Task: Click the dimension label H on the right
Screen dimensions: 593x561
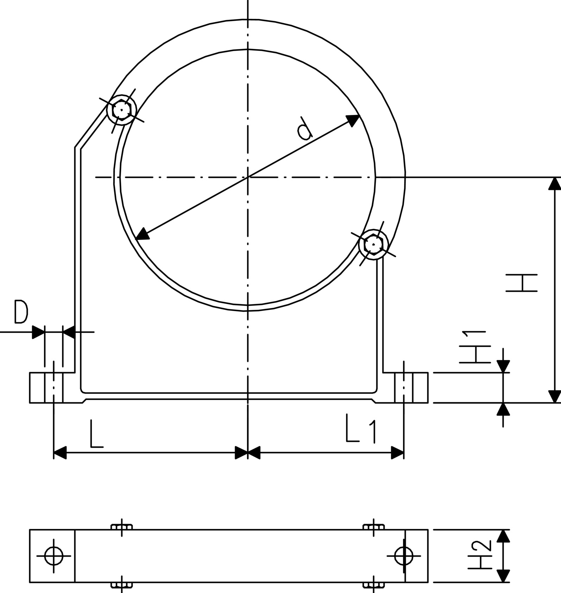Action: coord(522,283)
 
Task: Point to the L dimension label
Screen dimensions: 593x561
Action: coord(96,433)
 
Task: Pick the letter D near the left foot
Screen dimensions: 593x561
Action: coord(21,311)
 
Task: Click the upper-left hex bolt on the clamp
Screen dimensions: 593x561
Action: coord(121,110)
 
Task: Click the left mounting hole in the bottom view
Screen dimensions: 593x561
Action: coord(54,556)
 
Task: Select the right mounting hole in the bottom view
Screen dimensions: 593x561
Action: coord(404,556)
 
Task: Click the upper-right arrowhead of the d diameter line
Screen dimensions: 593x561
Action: coord(353,119)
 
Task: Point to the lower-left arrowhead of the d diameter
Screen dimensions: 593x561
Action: coord(142,234)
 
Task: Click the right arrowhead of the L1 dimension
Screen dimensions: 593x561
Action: coord(397,452)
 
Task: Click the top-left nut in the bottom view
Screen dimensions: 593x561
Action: coord(122,527)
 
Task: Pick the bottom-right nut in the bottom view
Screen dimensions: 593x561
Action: coord(373,585)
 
